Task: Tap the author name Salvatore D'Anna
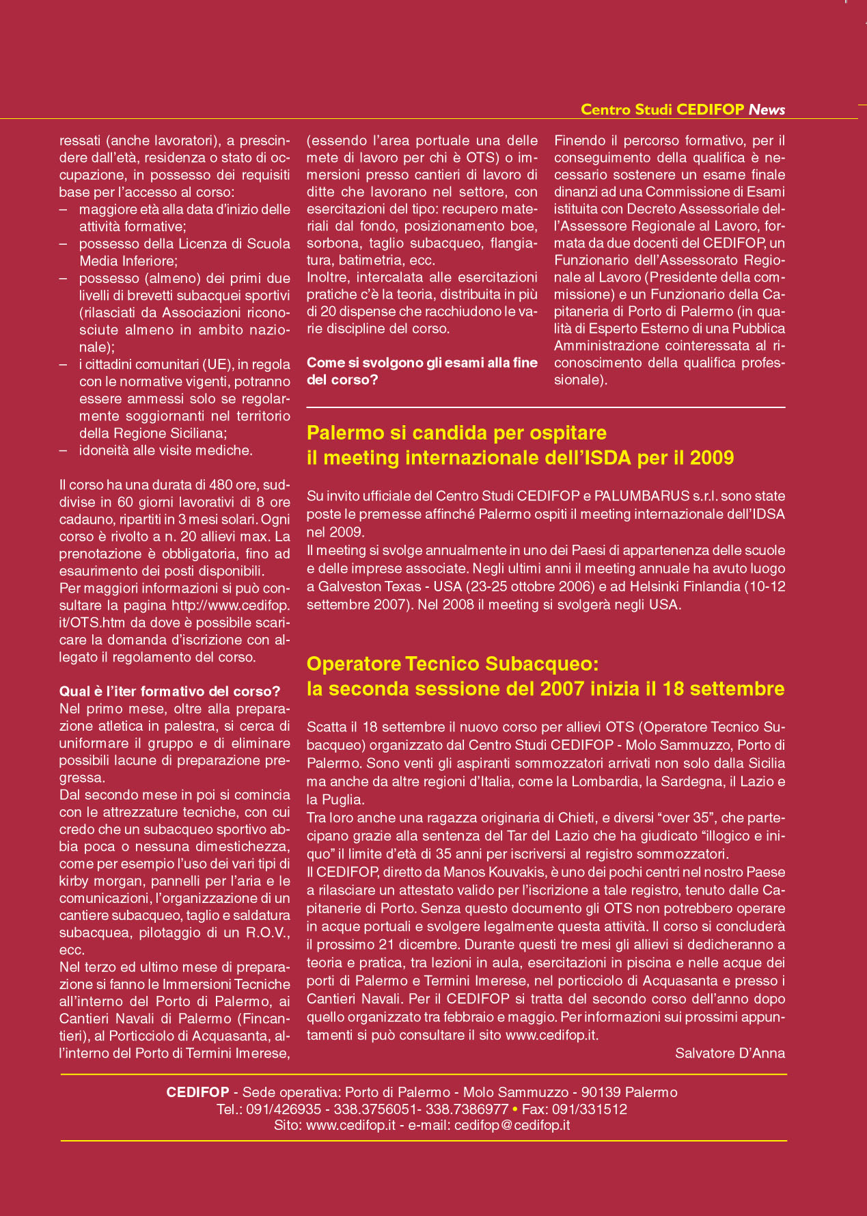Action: coord(730,1053)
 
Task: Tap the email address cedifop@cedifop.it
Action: coord(512,1125)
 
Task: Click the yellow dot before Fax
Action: coord(515,1109)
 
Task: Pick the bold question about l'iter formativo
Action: coord(170,690)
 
